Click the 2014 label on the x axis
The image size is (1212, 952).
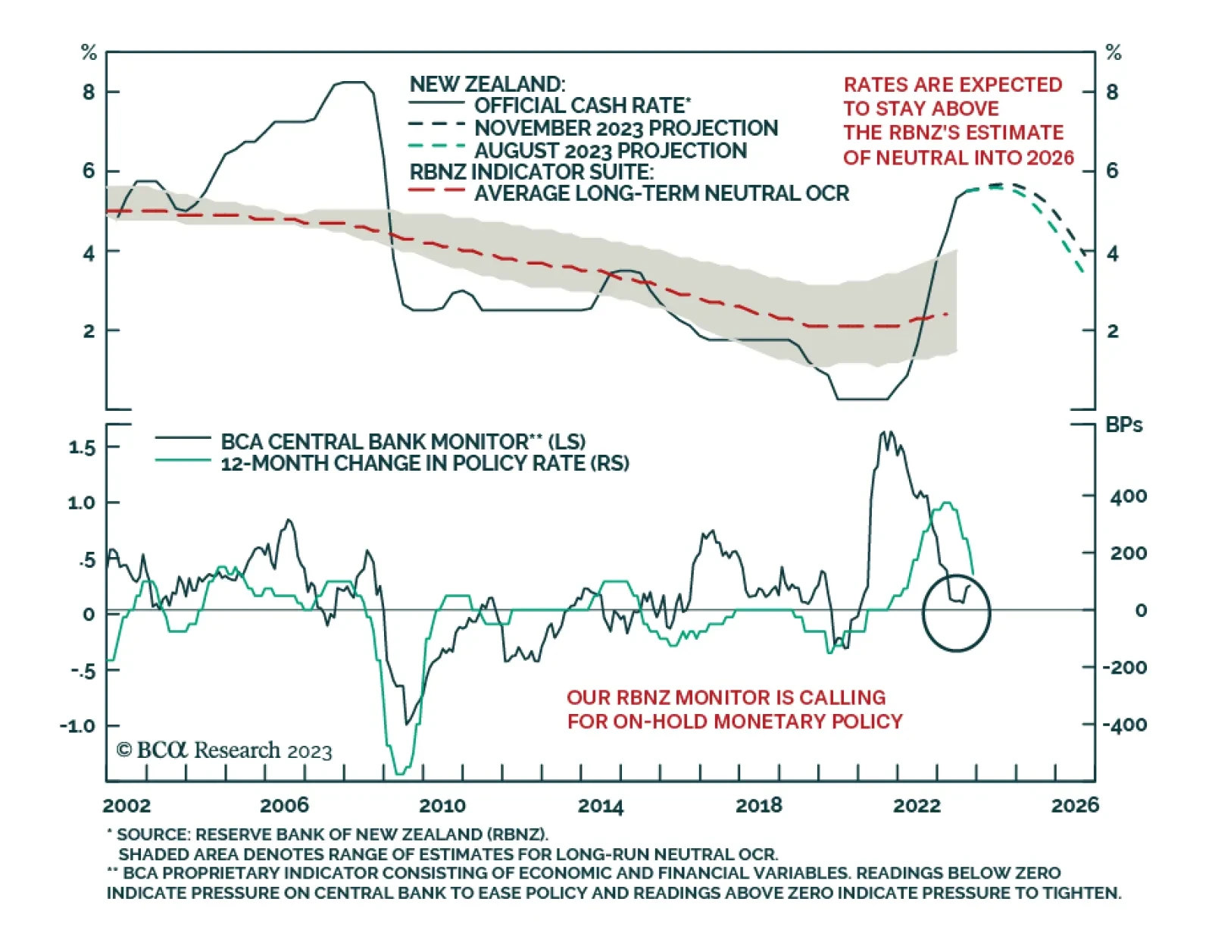click(x=600, y=805)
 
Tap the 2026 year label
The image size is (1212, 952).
click(x=1074, y=805)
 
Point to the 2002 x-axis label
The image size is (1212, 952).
click(x=127, y=805)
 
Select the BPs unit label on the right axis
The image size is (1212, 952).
click(x=1123, y=424)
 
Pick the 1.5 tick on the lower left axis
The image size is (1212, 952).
click(x=82, y=447)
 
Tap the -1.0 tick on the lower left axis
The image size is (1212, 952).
click(x=79, y=725)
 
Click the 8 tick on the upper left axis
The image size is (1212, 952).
click(x=89, y=92)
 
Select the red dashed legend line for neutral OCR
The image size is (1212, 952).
click(x=436, y=190)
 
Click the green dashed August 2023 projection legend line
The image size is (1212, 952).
click(x=436, y=146)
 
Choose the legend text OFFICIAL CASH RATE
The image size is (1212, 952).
click(x=583, y=105)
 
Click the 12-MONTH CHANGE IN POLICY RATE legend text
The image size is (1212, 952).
click(x=424, y=463)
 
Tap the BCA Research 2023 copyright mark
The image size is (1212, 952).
click(x=224, y=750)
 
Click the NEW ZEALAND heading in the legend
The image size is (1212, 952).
click(x=487, y=83)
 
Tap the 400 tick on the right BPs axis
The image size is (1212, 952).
click(x=1129, y=496)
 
